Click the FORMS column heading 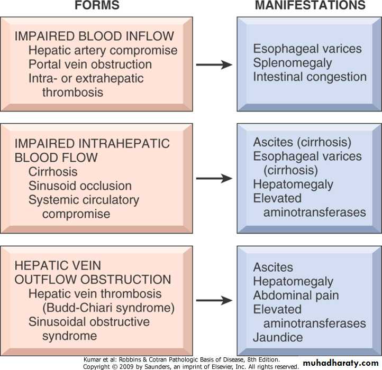96,6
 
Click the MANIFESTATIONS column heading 310,6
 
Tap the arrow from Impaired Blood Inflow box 214,64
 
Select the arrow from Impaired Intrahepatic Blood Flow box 214,178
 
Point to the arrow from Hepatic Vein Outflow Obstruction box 214,300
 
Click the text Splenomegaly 293,63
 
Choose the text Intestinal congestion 310,77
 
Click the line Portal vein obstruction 90,64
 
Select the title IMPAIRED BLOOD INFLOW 95,36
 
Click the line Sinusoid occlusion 80,186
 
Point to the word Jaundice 278,337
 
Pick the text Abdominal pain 296,295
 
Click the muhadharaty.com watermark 341,363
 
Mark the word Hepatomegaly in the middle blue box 293,184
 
